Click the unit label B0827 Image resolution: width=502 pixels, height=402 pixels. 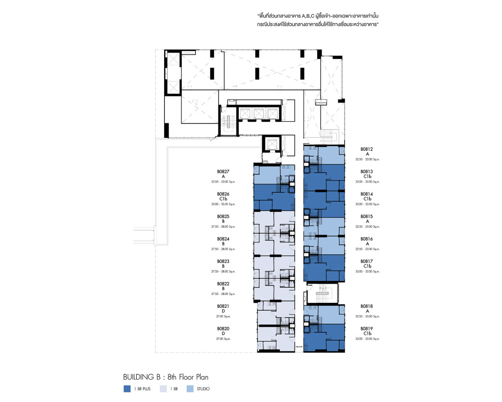pos(223,171)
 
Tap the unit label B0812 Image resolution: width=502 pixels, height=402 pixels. pos(367,149)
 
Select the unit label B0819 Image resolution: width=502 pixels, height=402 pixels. pos(367,328)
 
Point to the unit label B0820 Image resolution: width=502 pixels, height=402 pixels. pos(223,328)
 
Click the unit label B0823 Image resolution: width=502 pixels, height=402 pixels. pos(223,261)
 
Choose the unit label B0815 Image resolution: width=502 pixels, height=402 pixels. pos(367,216)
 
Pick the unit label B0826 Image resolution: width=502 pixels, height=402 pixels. pos(223,194)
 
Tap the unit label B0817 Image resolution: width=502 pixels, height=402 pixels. pos(367,261)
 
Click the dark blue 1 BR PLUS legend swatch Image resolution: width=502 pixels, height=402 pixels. pos(127,389)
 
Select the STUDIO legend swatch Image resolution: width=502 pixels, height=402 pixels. pos(190,389)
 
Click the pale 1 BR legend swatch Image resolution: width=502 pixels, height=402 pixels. pos(162,389)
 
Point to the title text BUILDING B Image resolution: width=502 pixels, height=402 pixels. pos(142,377)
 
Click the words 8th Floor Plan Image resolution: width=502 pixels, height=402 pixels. pos(188,377)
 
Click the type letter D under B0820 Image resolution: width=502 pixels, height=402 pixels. pos(223,334)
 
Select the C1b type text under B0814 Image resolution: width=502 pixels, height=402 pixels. pos(367,199)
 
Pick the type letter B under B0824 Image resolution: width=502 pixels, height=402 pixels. pos(223,243)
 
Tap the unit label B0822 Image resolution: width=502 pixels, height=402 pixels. pos(223,284)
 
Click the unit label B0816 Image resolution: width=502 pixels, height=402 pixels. pos(367,239)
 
